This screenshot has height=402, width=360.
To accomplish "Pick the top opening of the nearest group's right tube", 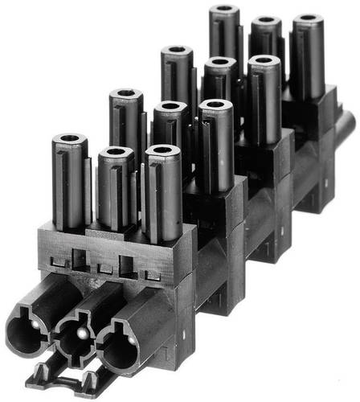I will click(x=164, y=152).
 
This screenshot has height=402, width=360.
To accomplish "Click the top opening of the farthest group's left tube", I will click(x=224, y=11).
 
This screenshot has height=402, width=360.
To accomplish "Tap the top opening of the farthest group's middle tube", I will click(x=266, y=23).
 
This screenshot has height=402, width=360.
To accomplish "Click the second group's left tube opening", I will click(x=125, y=96).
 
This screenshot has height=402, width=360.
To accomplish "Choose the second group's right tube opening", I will click(x=215, y=106).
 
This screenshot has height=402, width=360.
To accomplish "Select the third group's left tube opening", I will click(x=177, y=52).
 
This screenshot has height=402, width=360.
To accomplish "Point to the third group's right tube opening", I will click(x=263, y=61).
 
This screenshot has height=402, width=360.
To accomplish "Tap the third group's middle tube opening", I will click(x=219, y=63).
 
